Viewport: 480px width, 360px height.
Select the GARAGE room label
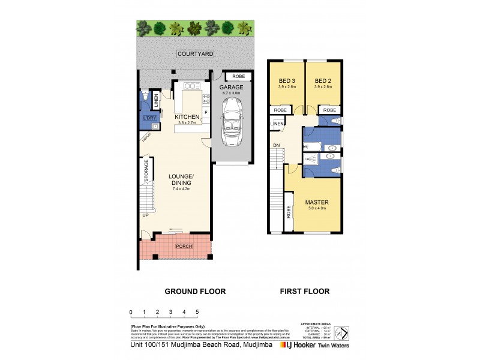pos(231,88)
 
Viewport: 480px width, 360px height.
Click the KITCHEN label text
pos(187,116)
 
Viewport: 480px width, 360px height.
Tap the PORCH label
pos(184,246)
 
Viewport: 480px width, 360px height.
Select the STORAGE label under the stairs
pos(146,178)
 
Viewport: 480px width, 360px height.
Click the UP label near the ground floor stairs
pos(145,215)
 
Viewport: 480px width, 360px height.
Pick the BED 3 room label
pos(287,81)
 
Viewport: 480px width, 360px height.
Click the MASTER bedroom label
pos(316,202)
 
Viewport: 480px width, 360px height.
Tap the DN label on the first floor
pos(276,145)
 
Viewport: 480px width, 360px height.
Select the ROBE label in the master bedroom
pos(289,212)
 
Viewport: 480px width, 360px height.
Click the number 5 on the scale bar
pos(197,312)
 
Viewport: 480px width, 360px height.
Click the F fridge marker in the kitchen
pos(205,112)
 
